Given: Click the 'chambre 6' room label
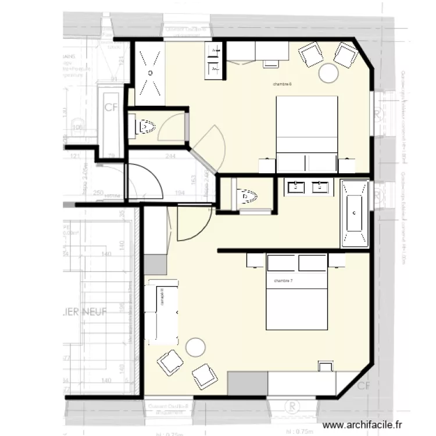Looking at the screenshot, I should [x=282, y=84].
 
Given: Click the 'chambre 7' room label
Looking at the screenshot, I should [x=283, y=281].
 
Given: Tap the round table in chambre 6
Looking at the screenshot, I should [x=329, y=73].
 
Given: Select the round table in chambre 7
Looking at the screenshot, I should [x=195, y=347].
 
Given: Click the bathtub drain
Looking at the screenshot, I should [x=354, y=213].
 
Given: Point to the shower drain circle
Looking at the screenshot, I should [x=150, y=73].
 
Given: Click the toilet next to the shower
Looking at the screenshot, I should [x=145, y=126].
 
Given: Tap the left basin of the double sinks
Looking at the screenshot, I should [x=297, y=187].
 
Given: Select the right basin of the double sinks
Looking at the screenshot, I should [x=319, y=187].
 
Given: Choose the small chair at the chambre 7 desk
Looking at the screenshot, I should [x=326, y=367].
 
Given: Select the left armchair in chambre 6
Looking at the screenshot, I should [x=310, y=55].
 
